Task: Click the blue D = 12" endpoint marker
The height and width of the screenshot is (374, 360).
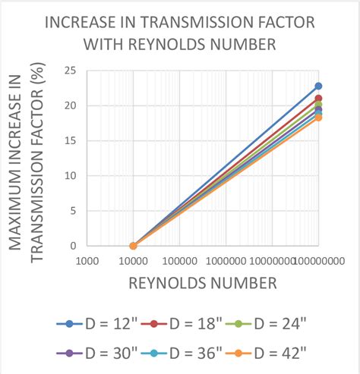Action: coord(318,86)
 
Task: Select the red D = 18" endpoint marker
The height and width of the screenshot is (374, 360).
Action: coord(318,99)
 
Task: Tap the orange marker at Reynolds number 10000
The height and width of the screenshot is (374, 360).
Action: coord(133,246)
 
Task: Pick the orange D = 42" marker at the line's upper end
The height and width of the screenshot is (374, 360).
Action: coord(318,118)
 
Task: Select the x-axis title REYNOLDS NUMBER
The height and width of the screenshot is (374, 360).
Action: coord(202,284)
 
